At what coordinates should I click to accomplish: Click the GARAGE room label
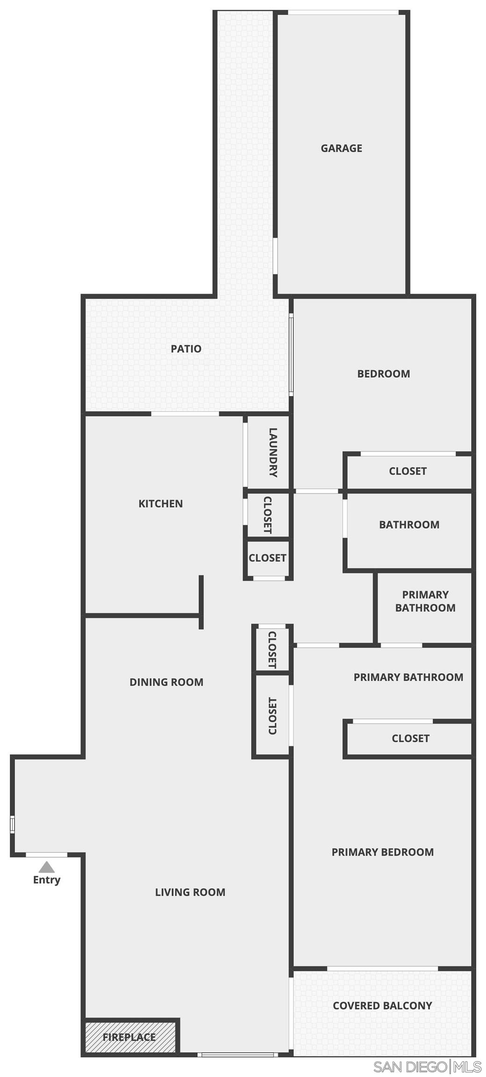341,148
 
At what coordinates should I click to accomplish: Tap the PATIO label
186,349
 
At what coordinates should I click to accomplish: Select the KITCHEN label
160,503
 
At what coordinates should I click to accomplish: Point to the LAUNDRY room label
273,452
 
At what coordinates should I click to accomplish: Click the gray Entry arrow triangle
46,868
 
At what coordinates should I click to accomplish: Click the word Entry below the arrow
46,880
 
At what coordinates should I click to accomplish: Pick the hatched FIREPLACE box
129,1037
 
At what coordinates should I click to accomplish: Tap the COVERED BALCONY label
382,1005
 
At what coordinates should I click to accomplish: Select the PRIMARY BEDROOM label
382,852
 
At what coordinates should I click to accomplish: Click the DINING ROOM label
166,682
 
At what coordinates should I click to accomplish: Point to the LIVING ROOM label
190,892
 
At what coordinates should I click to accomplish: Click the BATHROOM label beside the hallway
409,524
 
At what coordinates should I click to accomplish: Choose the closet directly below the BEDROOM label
407,471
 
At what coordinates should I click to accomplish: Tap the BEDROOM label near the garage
383,374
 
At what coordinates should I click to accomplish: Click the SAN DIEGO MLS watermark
427,1067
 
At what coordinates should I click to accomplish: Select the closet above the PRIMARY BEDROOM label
410,739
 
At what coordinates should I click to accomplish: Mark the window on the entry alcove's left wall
13,824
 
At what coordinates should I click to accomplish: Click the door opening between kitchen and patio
185,414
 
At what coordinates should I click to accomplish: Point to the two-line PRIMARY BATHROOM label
425,601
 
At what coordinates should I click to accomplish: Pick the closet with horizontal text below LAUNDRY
267,558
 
